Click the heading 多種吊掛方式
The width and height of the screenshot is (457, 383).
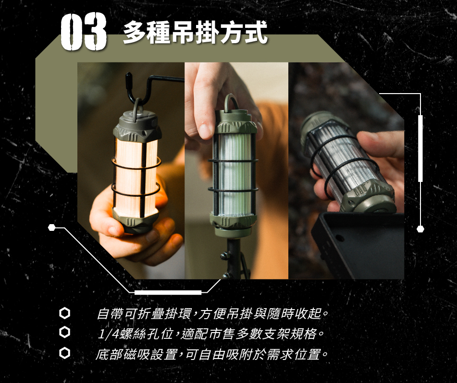pos(195,32)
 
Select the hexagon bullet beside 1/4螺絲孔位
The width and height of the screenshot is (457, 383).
pos(64,332)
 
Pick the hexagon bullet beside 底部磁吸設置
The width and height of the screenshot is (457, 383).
pos(64,353)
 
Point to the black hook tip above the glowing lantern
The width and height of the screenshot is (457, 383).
pos(128,76)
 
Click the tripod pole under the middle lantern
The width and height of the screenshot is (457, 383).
pos(234,258)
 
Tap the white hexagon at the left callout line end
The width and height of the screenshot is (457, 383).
pos(51,227)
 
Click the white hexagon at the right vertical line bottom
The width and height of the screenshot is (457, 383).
pos(420,229)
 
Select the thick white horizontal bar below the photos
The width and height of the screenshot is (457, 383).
pos(168,292)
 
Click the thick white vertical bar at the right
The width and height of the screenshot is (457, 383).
pos(420,148)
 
